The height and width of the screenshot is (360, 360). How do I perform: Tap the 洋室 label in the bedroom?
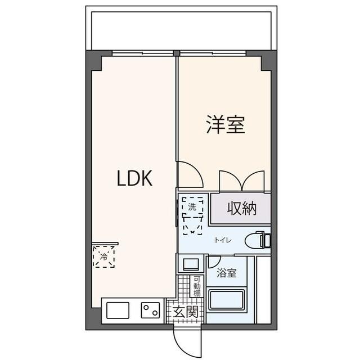tap(225, 125)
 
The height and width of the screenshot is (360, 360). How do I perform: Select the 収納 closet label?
tap(242, 209)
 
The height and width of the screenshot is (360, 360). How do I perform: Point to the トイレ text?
tap(220, 240)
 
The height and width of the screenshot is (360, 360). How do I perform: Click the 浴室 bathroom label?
tap(227, 274)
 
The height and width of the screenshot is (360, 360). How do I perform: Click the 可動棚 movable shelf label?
tap(197, 286)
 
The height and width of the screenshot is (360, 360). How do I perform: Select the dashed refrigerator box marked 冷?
tap(104, 256)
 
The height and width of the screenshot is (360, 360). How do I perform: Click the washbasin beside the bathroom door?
tap(191, 263)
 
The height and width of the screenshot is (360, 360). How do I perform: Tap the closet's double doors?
tap(241, 181)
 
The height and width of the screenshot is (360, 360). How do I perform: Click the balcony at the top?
tap(180, 28)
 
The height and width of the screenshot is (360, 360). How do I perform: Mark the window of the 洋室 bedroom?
tap(213, 53)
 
